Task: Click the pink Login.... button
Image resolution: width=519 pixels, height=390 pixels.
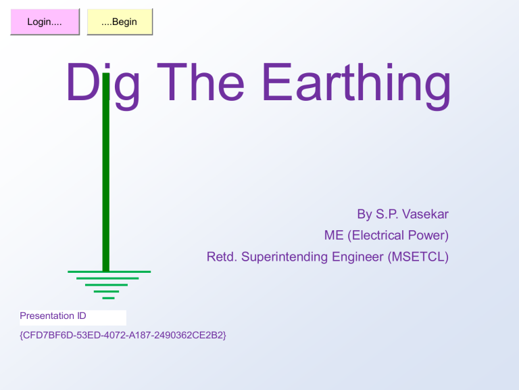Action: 45,22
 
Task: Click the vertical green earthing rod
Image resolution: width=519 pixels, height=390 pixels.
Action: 105,190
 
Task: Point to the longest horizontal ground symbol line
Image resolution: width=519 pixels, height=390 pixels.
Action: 109,272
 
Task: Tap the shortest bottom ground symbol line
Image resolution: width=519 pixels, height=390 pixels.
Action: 108,297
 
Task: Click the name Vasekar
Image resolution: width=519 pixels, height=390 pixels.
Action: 424,215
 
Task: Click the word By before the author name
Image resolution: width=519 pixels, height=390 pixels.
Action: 364,215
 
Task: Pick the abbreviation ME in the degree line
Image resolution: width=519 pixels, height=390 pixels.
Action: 333,236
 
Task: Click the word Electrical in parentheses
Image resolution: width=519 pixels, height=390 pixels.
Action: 381,236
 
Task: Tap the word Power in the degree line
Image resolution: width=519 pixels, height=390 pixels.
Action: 430,236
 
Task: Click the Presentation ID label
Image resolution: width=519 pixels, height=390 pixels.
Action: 53,316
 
